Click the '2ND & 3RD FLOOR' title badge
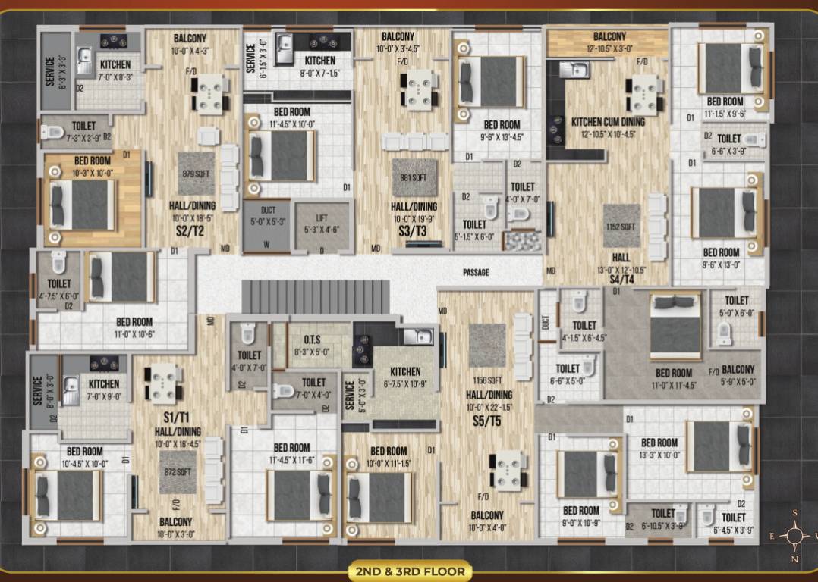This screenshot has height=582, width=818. pos(410,571)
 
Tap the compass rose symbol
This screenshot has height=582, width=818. pos(795,536)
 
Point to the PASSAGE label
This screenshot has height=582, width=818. pos(476,272)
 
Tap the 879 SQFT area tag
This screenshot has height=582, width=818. pos(194,173)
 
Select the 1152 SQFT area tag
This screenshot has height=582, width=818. pos(621,226)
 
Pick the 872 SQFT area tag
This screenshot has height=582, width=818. pos(175,471)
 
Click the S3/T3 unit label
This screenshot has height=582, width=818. pos(414,226)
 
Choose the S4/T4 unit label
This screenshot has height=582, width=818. pos(621,280)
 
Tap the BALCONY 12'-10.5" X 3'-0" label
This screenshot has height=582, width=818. pos(609,41)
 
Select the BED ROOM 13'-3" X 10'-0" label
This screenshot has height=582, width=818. pos(659,448)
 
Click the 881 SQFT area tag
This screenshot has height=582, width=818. pos(414,178)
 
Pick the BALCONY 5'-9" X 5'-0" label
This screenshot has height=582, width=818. pos(738,375)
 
